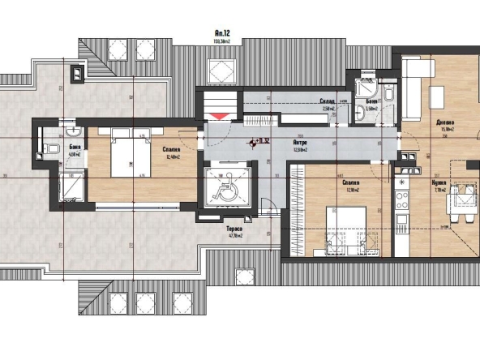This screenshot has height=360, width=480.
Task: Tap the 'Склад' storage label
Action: pyautogui.click(x=328, y=102)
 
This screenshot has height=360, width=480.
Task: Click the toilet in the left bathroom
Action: pyautogui.click(x=52, y=148)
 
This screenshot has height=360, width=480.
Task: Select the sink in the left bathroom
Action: pyautogui.click(x=72, y=131)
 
